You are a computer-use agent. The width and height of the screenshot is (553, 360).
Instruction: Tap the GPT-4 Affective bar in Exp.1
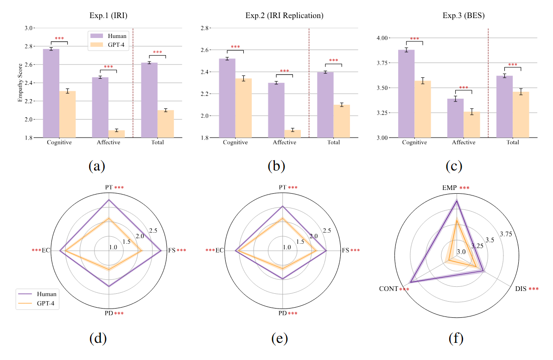(x=116, y=134)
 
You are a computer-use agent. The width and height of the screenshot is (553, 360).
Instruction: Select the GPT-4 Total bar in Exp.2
(x=342, y=121)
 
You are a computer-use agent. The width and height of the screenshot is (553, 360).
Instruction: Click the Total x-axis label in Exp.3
(x=513, y=143)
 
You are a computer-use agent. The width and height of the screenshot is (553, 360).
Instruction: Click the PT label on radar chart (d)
(x=108, y=188)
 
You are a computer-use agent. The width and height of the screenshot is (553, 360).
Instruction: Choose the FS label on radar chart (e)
(x=345, y=251)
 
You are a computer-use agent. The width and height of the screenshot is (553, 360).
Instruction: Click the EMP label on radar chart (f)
(x=449, y=188)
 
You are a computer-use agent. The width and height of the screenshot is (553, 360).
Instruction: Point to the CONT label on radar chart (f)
(x=388, y=289)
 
